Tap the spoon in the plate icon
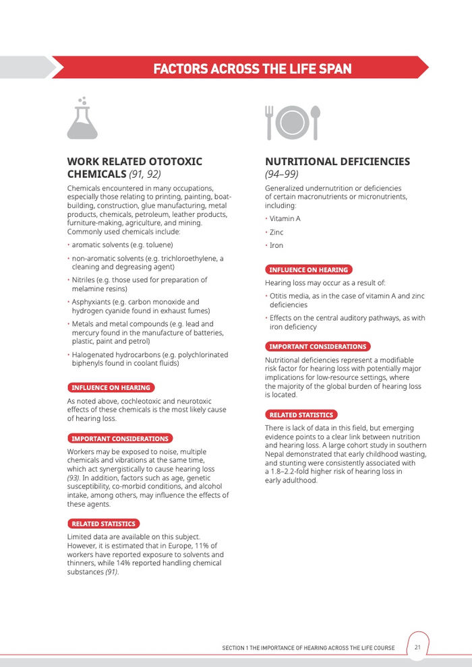[315, 121]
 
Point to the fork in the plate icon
[270, 121]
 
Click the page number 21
[417, 647]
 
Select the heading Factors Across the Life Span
[252, 69]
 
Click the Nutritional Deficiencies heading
[337, 162]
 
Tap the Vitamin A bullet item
[285, 219]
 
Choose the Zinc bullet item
[276, 232]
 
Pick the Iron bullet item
[276, 246]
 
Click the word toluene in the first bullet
[158, 245]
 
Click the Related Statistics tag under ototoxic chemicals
[103, 523]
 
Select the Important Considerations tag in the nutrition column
[317, 346]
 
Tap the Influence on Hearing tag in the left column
[111, 387]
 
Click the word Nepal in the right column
[275, 454]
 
